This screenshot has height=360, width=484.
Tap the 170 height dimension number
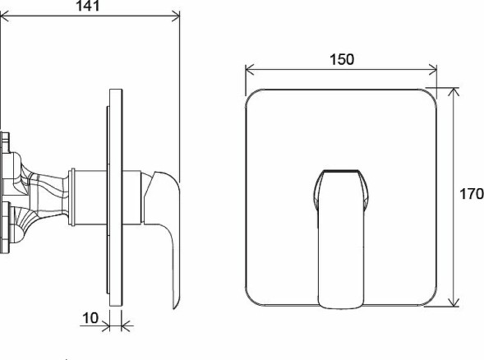471,196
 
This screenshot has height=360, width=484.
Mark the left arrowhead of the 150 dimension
250,72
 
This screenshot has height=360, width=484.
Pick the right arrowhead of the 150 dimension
434,72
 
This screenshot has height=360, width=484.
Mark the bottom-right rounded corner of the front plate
431,299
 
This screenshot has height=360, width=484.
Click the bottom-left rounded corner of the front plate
253,299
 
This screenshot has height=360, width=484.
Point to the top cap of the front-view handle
340,175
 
